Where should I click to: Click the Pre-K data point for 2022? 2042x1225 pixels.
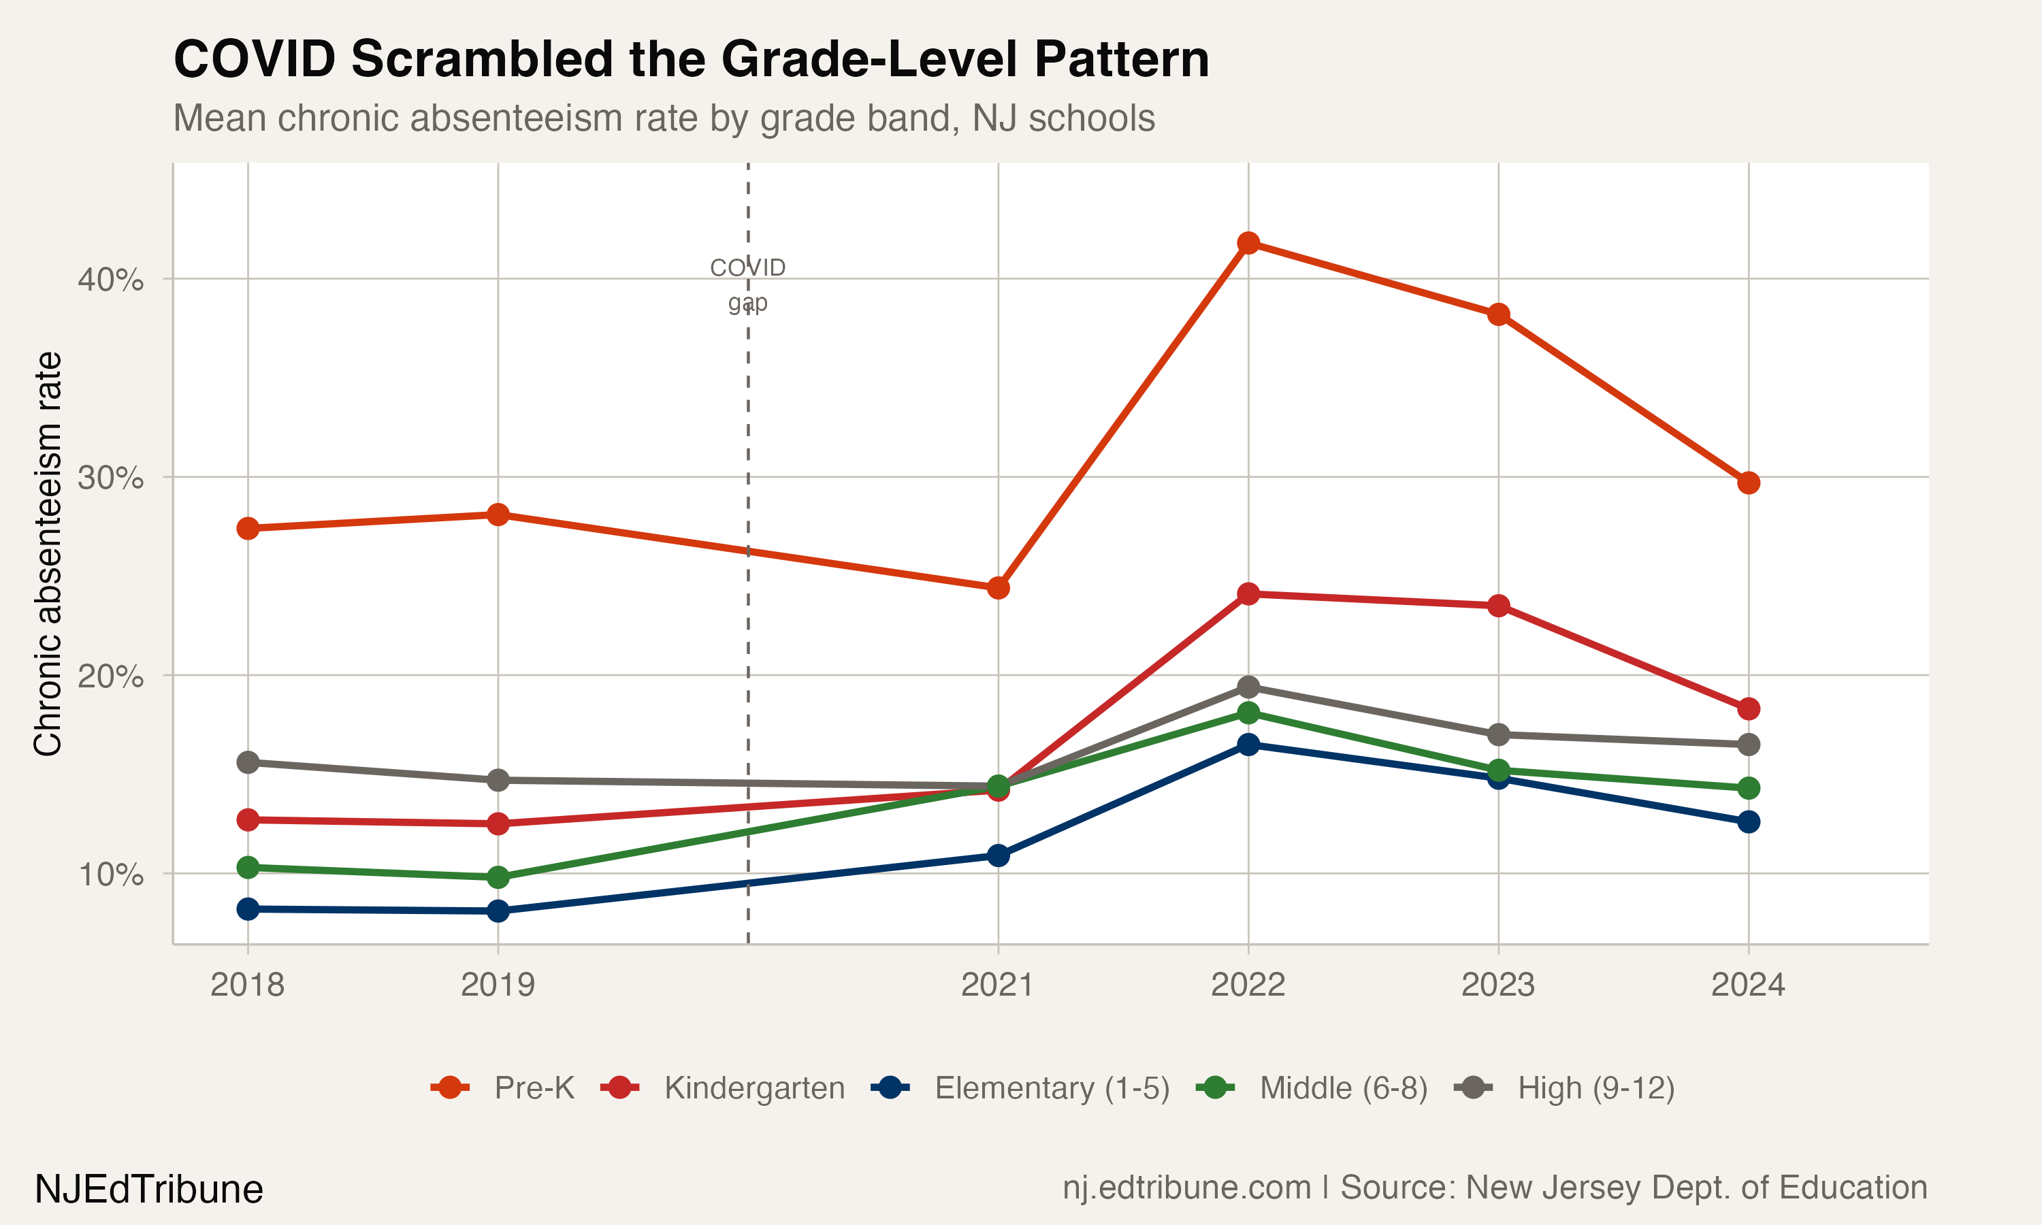(1248, 243)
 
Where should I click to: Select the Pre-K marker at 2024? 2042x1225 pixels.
(1748, 483)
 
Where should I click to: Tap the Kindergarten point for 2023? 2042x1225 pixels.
(1498, 606)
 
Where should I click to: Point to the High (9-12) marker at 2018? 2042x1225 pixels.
(248, 763)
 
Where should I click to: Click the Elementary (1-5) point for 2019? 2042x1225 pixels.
(498, 911)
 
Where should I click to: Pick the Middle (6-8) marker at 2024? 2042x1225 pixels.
(1748, 788)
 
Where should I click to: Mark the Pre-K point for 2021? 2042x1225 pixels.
(998, 588)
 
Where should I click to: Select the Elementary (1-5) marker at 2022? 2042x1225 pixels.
(1248, 745)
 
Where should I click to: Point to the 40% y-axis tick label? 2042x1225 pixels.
(110, 279)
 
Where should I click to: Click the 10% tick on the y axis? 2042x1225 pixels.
(110, 873)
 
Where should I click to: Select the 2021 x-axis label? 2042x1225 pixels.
(997, 985)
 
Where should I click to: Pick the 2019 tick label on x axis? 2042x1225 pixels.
(498, 985)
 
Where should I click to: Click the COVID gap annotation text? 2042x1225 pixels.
(748, 284)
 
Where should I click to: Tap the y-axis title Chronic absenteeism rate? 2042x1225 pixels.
(48, 553)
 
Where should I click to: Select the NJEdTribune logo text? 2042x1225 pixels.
(148, 1190)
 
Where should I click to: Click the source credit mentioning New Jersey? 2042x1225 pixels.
(1494, 1188)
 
